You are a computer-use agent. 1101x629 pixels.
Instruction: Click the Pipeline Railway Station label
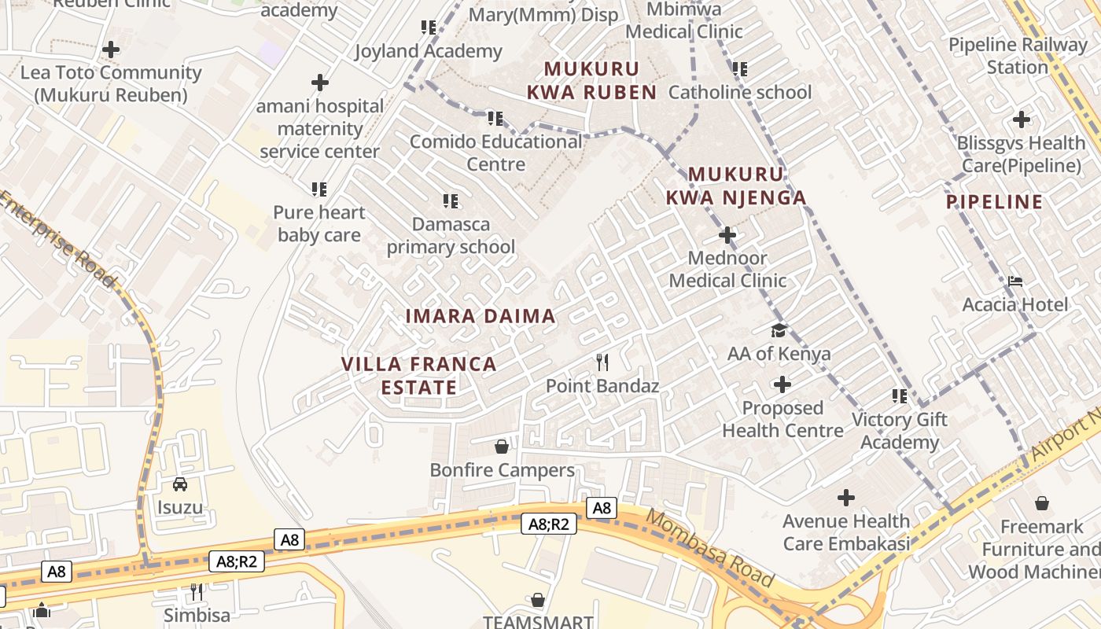point(1018,56)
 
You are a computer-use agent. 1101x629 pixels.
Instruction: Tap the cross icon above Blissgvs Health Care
point(1022,120)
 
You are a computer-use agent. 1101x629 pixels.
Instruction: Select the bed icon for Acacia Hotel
point(1015,281)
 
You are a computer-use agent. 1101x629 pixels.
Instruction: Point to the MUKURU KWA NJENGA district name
point(736,186)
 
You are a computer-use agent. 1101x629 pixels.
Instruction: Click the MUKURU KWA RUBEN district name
point(591,81)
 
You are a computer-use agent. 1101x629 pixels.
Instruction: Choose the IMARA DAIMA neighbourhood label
point(481,316)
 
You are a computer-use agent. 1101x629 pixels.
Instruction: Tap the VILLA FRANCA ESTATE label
point(418,375)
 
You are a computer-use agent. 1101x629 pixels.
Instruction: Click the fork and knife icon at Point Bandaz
point(602,362)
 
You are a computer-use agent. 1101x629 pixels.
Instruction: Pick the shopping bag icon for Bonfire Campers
point(502,447)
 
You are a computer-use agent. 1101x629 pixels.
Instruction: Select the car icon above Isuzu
point(180,484)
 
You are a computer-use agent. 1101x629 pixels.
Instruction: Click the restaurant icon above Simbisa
point(197,591)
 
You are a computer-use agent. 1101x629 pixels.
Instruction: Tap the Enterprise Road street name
point(58,239)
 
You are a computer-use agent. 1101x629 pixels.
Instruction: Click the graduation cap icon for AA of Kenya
point(779,330)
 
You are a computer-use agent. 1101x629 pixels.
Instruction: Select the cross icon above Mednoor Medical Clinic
point(727,234)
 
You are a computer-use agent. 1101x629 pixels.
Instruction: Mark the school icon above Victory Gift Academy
point(899,395)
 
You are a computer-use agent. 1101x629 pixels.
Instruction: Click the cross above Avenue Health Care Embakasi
point(846,498)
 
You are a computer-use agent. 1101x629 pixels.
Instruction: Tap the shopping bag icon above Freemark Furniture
point(1042,502)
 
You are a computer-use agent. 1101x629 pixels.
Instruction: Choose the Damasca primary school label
point(451,235)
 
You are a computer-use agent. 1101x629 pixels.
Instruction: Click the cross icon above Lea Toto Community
point(111,49)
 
